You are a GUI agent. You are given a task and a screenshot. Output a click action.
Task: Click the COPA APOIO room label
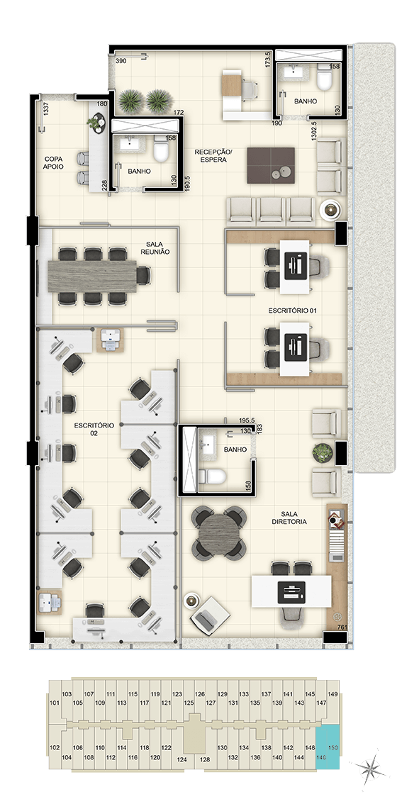coord(53,163)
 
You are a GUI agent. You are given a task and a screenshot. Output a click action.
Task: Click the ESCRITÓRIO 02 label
coord(93,429)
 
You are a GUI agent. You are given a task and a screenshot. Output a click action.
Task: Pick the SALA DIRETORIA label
coord(290,518)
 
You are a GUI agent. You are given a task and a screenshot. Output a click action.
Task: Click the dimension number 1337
coord(45,110)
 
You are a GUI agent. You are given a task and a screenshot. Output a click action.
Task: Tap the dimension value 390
coord(121,61)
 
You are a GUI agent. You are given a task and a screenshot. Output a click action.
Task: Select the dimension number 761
coord(342,627)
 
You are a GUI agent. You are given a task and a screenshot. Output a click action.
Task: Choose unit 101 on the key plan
coord(55,703)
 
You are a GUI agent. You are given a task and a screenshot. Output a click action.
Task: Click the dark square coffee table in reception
coord(271,165)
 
